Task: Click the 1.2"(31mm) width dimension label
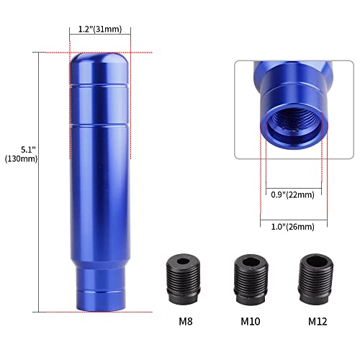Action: click(x=100, y=30)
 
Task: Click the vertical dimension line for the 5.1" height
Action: click(x=36, y=180)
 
